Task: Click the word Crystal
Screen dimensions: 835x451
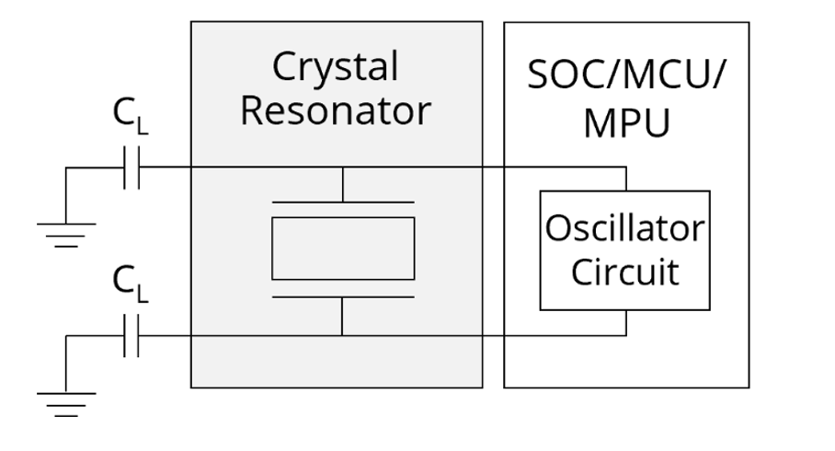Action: point(335,68)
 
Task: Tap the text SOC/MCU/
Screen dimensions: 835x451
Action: point(626,75)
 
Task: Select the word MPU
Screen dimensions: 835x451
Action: point(626,123)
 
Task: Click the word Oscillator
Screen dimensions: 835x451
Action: point(624,228)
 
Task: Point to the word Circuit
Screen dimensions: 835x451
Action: point(624,272)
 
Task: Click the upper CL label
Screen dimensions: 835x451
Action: point(130,116)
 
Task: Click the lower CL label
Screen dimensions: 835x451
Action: point(130,283)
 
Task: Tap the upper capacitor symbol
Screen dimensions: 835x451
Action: point(132,168)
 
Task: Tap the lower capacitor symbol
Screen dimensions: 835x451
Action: point(132,336)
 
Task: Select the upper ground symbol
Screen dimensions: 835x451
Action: point(66,235)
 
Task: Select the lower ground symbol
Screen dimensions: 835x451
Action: point(66,405)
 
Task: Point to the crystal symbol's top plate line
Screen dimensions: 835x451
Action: point(343,202)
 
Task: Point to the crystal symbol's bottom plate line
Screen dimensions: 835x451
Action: point(343,297)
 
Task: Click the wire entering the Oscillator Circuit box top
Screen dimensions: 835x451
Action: point(626,179)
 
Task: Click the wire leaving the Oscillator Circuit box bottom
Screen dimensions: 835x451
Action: point(626,323)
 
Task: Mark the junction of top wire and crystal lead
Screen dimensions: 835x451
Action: point(343,168)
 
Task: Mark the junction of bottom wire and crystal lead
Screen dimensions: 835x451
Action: point(342,336)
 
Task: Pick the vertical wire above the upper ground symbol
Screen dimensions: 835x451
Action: point(66,195)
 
